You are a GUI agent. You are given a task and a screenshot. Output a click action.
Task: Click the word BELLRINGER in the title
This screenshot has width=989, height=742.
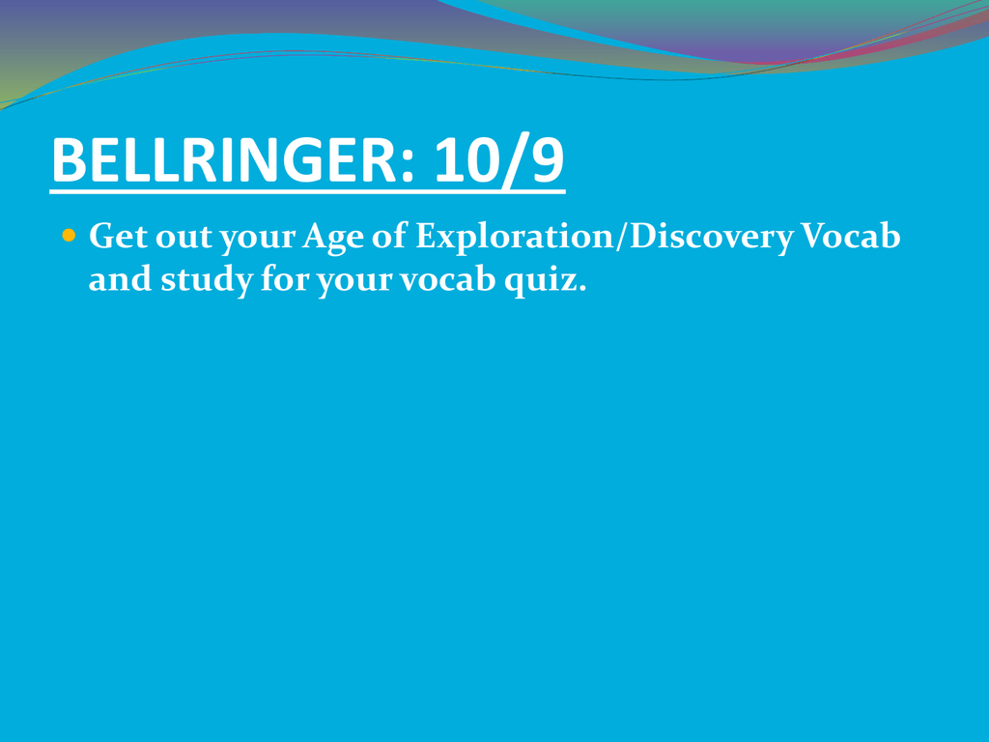[x=224, y=160]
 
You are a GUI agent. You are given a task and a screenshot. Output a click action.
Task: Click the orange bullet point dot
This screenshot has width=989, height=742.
[x=69, y=236]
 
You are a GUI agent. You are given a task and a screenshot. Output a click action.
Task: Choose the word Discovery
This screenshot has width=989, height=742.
[x=712, y=238]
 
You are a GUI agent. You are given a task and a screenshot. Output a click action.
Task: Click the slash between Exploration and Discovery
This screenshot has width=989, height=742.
[x=621, y=238]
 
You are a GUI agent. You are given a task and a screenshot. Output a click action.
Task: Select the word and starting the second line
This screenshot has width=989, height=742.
[x=120, y=279]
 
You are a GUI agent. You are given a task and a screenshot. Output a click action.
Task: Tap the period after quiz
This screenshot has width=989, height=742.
[x=581, y=288]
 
